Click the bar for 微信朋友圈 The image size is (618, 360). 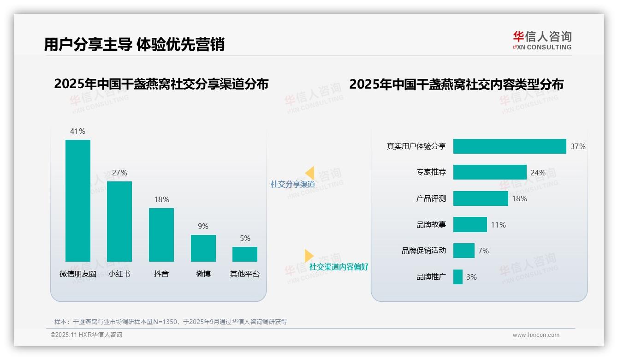pos(78,201)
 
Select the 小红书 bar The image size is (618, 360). pos(119,222)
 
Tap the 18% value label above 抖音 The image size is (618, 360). pos(161,199)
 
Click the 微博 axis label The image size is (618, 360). pos(203,274)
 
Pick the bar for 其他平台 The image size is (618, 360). pos(245,254)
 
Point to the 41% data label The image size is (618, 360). pos(77,131)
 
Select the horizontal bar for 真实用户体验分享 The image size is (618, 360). pos(510,146)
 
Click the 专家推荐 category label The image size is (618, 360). pos(431,172)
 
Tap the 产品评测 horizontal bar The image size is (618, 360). pos(481,198)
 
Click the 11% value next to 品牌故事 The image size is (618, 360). pos(498,225)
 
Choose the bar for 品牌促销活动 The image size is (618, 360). pos(464,251)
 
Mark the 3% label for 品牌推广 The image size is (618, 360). pos(471,277)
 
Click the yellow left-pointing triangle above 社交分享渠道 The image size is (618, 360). pos(310,173)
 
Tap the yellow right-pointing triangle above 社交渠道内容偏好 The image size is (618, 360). pos(309,256)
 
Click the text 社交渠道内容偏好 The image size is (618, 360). pos(339,267)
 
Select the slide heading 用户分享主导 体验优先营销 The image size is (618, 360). pos(134,44)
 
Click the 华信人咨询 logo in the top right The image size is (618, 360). pos(542,40)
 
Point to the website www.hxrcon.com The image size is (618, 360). pos(536,335)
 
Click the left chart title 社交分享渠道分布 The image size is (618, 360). pos(161,84)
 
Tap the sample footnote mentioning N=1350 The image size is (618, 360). pos(171,322)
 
